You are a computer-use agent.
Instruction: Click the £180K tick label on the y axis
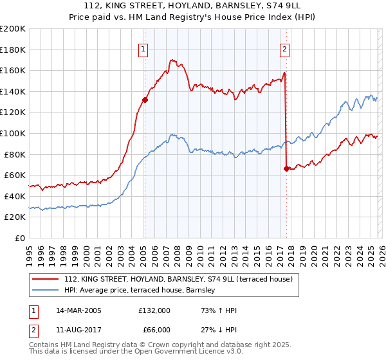[x=13, y=50]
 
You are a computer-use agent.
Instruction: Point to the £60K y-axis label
[x=15, y=175]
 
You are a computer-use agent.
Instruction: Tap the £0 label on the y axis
[x=20, y=238]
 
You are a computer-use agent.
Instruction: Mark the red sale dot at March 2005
[x=145, y=100]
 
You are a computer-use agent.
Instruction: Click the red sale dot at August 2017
[x=286, y=169]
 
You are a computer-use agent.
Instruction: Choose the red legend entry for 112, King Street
[x=179, y=279]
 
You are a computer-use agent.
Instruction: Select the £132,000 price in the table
[x=154, y=310]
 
